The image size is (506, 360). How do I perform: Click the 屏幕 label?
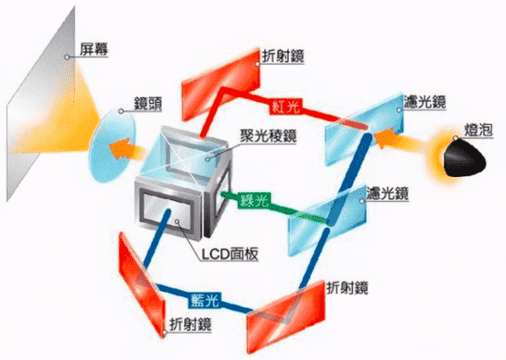tap(94, 49)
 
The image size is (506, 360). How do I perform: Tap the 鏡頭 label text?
tap(148, 104)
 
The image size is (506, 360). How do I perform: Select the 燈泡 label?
tap(479, 130)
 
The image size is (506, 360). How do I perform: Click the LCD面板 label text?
tap(230, 254)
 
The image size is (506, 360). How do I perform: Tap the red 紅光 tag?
tap(286, 106)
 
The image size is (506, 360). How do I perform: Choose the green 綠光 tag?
tap(255, 200)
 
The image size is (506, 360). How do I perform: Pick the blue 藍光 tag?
tap(204, 300)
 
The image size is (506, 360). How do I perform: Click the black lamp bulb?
tap(463, 158)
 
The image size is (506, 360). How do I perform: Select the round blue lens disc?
tap(112, 146)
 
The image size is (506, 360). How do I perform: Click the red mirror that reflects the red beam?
tap(221, 85)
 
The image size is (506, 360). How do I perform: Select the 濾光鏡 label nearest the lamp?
tap(425, 102)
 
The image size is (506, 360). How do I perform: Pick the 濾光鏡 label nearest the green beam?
tap(388, 193)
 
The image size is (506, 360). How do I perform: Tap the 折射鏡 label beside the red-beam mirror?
tap(283, 56)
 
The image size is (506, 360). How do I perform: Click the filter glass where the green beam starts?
tap(327, 220)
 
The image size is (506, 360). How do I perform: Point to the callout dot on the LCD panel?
tap(177, 222)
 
